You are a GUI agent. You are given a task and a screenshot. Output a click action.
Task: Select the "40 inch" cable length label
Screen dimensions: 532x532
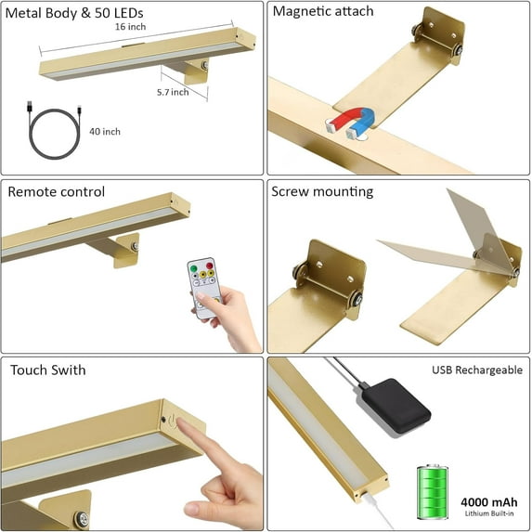104,131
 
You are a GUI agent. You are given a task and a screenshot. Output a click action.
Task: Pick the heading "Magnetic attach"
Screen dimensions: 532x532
322,12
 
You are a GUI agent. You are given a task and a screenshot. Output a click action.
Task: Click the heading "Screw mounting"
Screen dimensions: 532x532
322,192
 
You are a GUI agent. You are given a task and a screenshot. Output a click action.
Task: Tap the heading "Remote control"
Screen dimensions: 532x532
56,192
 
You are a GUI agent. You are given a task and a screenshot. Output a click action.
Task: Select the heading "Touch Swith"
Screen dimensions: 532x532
48,370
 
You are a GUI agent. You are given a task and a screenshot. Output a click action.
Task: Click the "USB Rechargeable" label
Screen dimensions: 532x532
476,370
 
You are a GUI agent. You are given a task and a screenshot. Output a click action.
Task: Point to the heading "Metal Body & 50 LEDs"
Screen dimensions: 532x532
72,12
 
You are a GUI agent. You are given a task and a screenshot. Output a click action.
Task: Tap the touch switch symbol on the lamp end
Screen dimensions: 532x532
168,419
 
